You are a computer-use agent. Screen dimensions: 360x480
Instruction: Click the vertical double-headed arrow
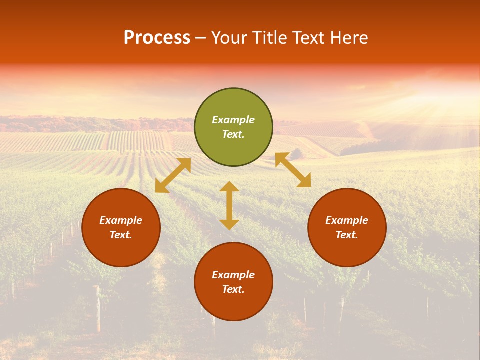click(x=229, y=205)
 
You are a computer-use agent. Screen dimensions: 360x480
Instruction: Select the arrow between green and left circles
click(x=173, y=175)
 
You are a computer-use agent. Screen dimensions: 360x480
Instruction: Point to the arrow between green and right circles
click(x=293, y=170)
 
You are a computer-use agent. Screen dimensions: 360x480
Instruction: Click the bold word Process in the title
click(x=157, y=38)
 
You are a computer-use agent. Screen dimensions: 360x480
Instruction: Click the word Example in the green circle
click(x=233, y=120)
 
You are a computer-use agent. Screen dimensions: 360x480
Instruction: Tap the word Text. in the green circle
click(x=233, y=134)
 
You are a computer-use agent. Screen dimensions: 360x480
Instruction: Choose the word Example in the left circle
click(x=121, y=220)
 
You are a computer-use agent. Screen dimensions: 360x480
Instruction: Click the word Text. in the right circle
click(x=347, y=235)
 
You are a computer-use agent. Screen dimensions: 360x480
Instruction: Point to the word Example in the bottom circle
click(x=233, y=275)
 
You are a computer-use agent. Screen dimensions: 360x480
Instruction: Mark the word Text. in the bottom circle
click(x=233, y=289)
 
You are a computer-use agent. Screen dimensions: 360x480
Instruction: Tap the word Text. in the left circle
click(x=121, y=235)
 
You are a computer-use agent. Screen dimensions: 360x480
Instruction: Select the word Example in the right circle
click(x=347, y=220)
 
